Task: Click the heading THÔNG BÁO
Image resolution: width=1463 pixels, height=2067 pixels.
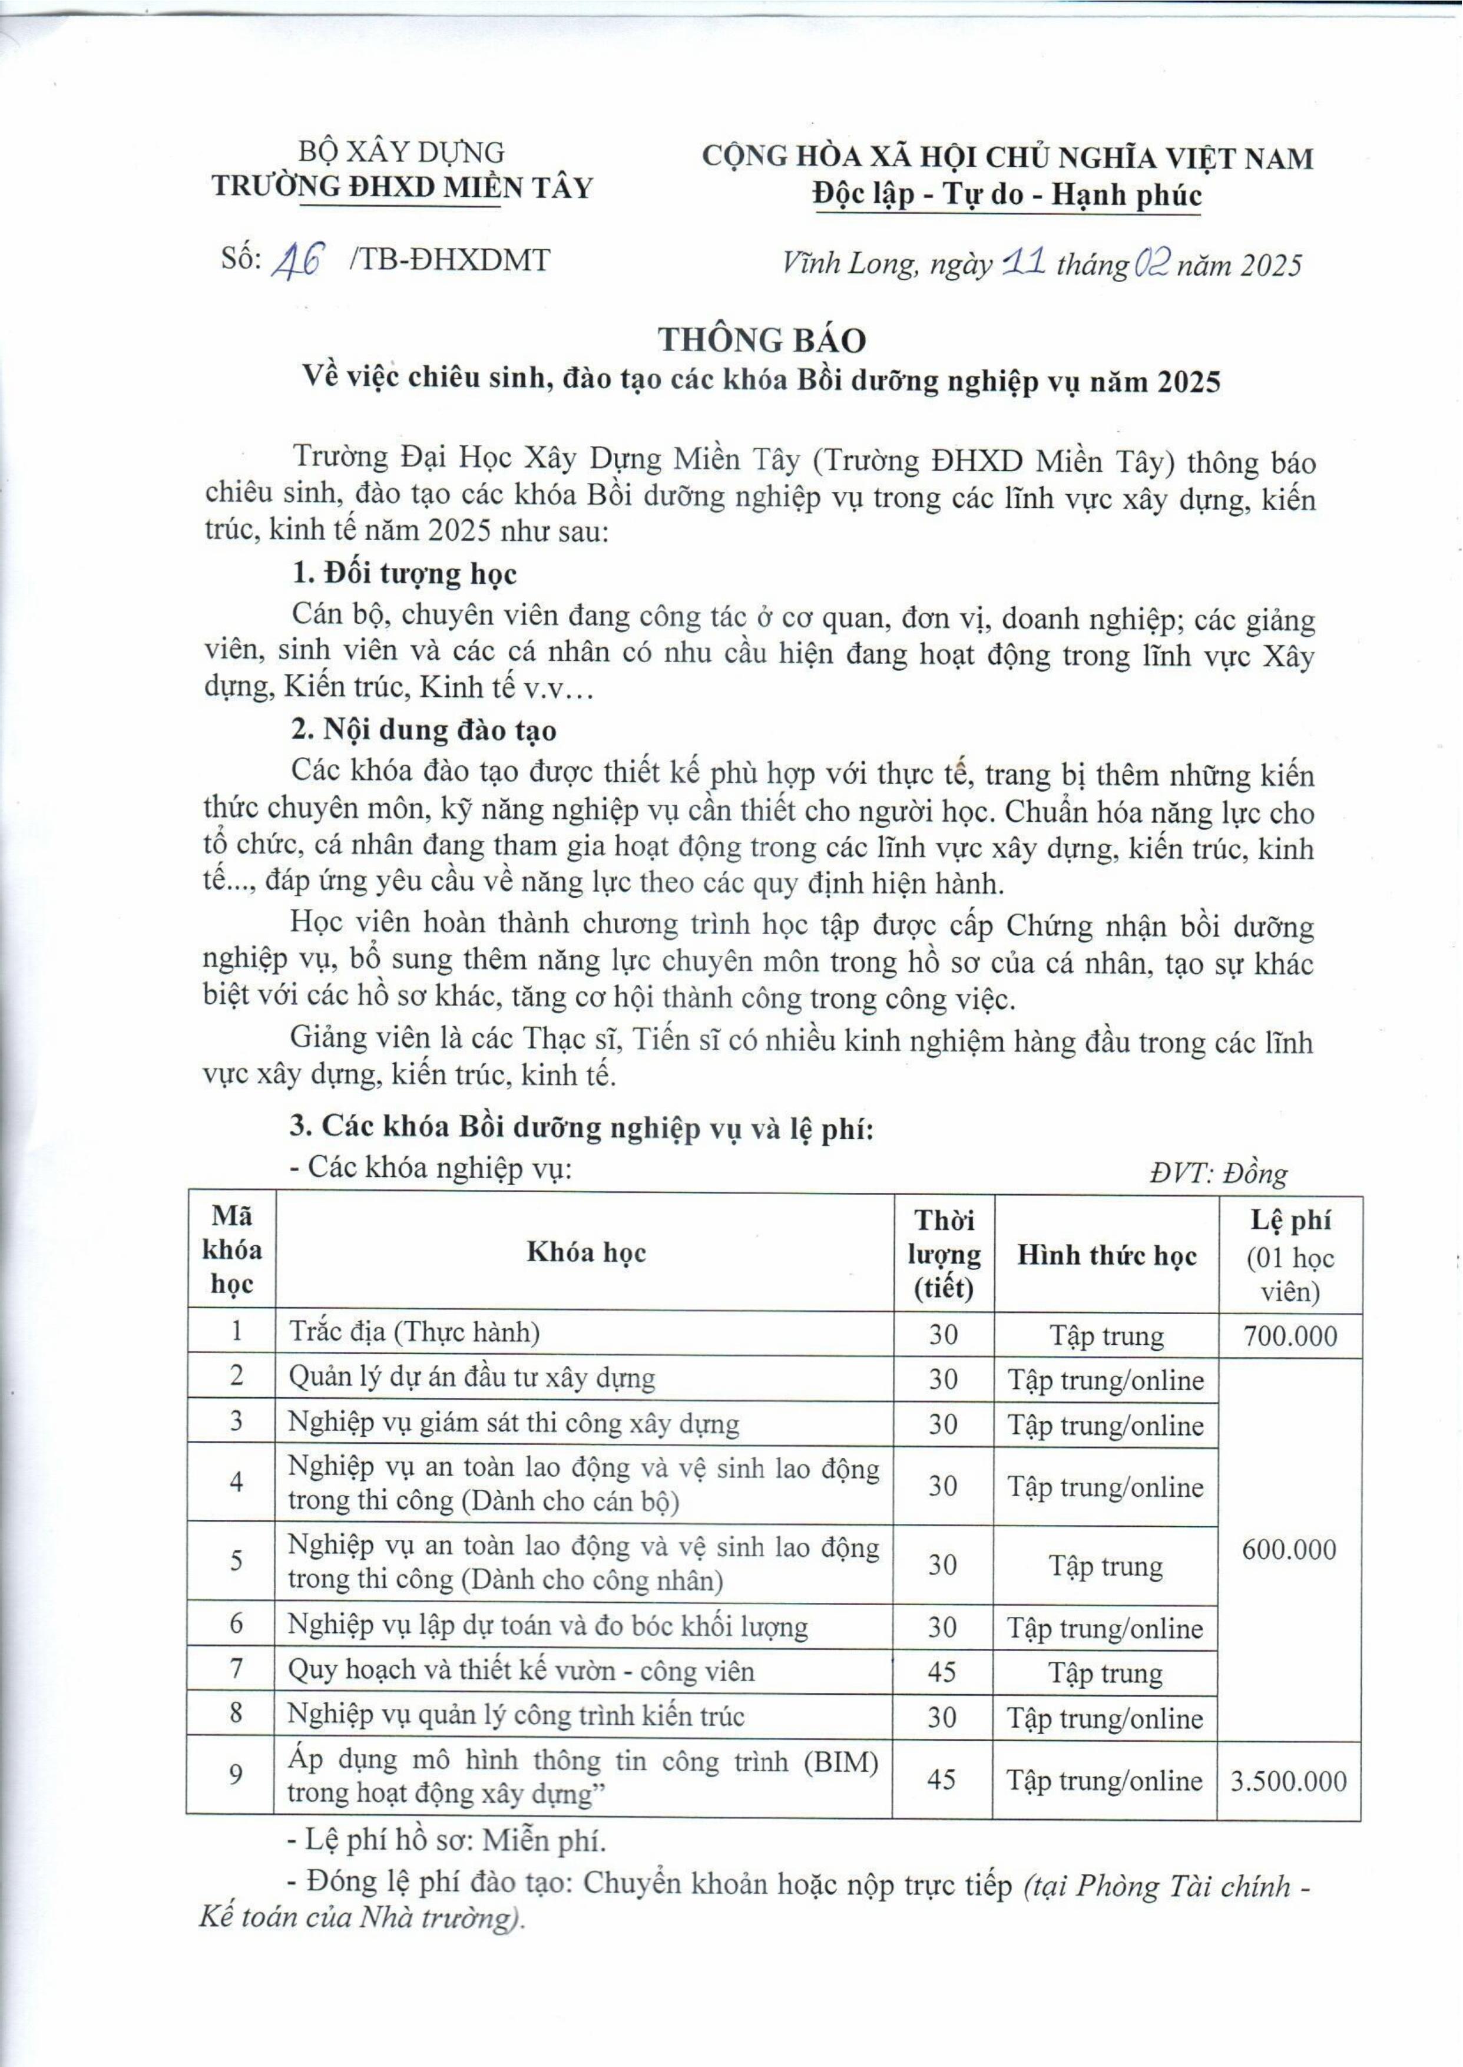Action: pos(762,340)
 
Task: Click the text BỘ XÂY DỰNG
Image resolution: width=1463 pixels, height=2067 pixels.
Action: pos(401,153)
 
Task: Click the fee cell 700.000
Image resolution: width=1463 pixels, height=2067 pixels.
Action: pos(1290,1335)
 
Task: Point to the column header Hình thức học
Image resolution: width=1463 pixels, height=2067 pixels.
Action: pos(1106,1255)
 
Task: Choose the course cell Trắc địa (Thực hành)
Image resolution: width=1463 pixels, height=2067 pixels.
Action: pos(415,1332)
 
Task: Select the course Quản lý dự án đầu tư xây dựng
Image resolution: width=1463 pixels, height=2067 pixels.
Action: pos(471,1378)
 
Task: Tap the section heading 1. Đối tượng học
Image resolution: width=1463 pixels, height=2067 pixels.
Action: pos(405,574)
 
